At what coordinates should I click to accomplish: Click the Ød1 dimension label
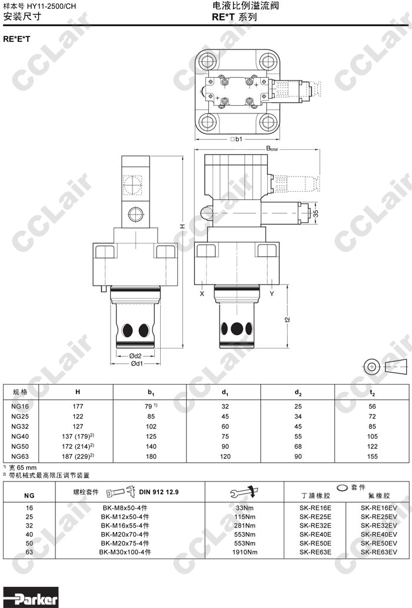click(x=136, y=364)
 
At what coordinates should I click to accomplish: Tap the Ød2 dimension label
click(x=135, y=356)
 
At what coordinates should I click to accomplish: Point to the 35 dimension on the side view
click(x=316, y=213)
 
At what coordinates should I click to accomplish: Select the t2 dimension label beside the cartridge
click(x=287, y=319)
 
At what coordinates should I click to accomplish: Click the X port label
click(x=202, y=293)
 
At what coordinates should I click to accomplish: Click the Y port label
click(x=271, y=293)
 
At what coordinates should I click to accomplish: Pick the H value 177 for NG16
click(x=78, y=406)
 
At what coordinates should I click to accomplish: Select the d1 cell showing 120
click(x=225, y=456)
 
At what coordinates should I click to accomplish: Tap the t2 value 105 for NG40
click(x=372, y=436)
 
